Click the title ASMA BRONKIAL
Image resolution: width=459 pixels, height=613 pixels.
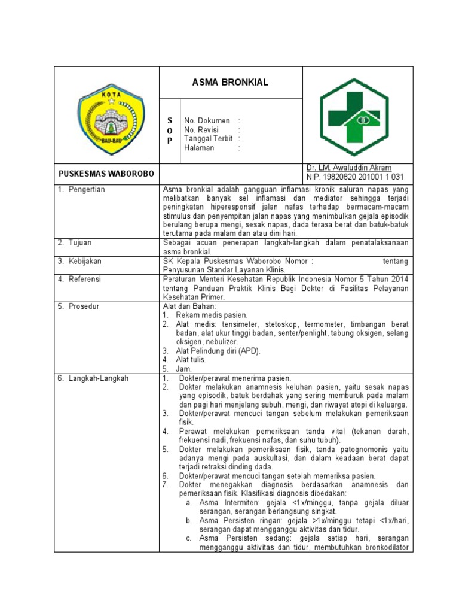pos(230,83)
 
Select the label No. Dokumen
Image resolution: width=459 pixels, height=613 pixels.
pos(207,121)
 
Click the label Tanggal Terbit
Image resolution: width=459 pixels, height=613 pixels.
pos(208,139)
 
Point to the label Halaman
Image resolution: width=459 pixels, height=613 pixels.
pos(199,148)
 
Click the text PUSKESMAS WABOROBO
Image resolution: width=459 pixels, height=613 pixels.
pos(106,174)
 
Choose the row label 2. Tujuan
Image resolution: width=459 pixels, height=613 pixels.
pos(75,243)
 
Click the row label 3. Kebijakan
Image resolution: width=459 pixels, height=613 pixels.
pos(79,261)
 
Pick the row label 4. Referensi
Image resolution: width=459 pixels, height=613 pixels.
pos(79,279)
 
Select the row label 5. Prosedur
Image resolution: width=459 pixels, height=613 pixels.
pos(78,306)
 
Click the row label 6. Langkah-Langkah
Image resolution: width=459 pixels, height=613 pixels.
pos(93,378)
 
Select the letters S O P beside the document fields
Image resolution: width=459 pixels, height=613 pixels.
pos(169,131)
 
